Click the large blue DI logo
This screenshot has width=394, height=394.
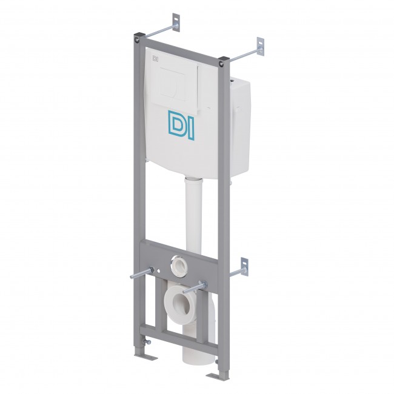coord(181,124)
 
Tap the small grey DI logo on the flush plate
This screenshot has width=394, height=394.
coord(155,59)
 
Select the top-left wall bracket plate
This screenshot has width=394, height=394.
coord(176,22)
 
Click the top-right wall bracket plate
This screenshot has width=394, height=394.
coord(260,47)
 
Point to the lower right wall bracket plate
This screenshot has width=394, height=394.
coord(244,266)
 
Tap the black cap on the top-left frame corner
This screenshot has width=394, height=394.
coord(138,35)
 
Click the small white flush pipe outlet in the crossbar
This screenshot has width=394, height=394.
coord(180,266)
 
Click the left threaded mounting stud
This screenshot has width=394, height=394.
coord(141,273)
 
